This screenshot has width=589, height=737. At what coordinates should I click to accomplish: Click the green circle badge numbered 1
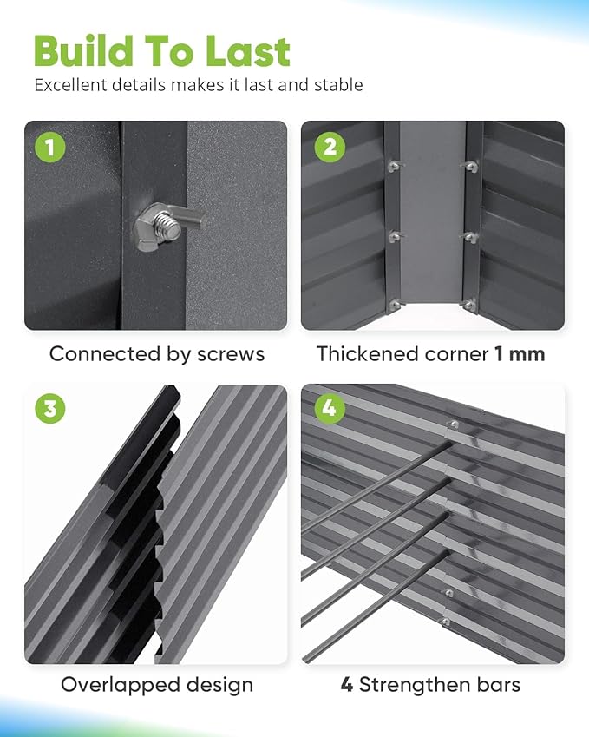click(x=50, y=147)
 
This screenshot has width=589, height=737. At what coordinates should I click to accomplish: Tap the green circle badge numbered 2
click(x=328, y=147)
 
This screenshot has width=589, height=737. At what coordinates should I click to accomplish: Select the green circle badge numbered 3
click(x=50, y=409)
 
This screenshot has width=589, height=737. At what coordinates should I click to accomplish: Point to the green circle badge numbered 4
click(x=328, y=409)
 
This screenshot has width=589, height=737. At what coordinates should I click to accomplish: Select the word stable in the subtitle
click(x=337, y=85)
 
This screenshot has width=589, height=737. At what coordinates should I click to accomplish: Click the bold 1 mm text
click(x=520, y=354)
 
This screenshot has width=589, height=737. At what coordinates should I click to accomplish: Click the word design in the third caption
click(x=218, y=685)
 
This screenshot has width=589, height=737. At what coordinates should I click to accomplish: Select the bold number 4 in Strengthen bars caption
click(x=347, y=685)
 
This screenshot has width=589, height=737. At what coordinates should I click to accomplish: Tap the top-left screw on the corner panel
click(x=395, y=167)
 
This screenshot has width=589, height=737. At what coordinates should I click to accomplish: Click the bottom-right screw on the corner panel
click(x=469, y=305)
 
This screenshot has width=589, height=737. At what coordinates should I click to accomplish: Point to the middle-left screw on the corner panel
click(x=395, y=236)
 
